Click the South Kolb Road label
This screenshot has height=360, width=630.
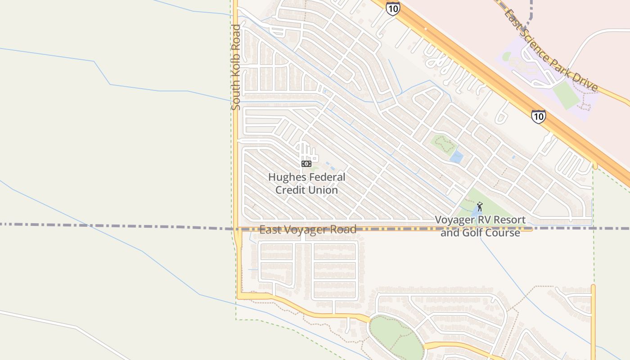pyautogui.click(x=236, y=67)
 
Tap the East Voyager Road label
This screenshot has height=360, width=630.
pyautogui.click(x=308, y=229)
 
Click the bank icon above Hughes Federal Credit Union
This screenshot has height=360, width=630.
pyautogui.click(x=306, y=164)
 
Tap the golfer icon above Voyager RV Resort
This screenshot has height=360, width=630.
pyautogui.click(x=480, y=207)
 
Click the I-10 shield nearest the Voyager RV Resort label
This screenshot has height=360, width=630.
pyautogui.click(x=538, y=117)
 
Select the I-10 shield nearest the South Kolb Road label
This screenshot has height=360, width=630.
pyautogui.click(x=393, y=8)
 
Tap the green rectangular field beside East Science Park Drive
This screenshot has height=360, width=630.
pyautogui.click(x=566, y=95)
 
